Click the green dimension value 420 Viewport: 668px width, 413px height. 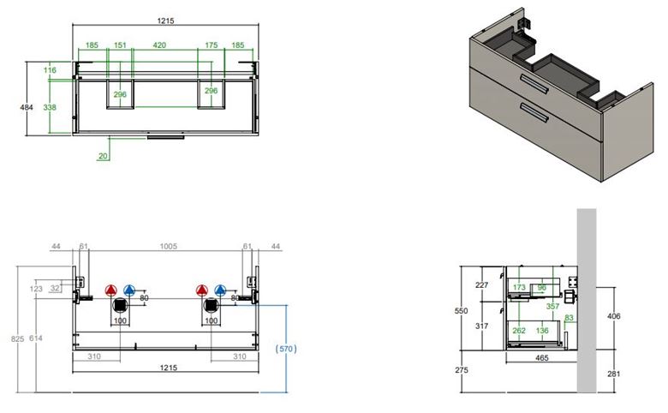[159, 45]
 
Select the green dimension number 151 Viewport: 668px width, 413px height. [120, 45]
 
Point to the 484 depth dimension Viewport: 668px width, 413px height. [27, 107]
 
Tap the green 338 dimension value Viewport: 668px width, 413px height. [50, 107]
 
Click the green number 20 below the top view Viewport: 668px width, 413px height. [103, 156]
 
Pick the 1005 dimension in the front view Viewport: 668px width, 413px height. [168, 247]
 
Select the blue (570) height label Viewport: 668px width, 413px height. [286, 349]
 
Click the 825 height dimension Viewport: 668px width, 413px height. [17, 338]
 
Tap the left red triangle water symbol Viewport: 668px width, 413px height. [110, 290]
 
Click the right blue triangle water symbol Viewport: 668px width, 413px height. [220, 290]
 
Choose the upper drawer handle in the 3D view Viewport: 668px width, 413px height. [534, 83]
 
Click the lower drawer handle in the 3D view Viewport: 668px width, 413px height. [534, 112]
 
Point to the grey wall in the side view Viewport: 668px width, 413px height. [587, 301]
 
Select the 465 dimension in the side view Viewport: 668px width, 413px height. [542, 358]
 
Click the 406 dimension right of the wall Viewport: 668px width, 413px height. [614, 316]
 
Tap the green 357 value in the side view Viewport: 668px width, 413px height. [552, 306]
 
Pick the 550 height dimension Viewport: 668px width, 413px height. [461, 311]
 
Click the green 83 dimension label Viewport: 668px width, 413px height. [570, 318]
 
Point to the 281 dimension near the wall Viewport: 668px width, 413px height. [614, 374]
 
